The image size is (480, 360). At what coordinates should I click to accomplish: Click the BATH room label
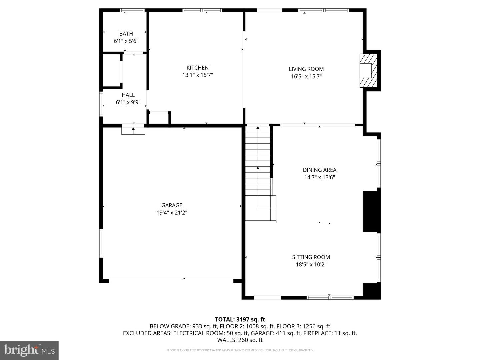[x=126, y=34]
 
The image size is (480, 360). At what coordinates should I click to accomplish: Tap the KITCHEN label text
[x=197, y=68]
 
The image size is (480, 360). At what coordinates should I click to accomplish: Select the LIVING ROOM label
[x=306, y=69]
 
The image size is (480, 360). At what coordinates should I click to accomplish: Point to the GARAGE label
[x=172, y=205]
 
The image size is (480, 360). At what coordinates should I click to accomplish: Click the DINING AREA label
[x=319, y=170]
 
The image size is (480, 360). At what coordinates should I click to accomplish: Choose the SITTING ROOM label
[x=311, y=257]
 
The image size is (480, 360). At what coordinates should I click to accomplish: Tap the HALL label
[x=128, y=95]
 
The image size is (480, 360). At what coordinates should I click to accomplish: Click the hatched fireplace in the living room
[x=368, y=71]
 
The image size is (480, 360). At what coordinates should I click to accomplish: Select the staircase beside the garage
[x=260, y=174]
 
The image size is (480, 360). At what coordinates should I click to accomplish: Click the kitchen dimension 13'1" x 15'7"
[x=197, y=75]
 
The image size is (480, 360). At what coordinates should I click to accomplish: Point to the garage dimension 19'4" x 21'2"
[x=172, y=213]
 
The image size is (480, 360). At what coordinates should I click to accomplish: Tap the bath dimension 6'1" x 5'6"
[x=126, y=41]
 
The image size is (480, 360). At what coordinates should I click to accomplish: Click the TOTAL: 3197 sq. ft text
[x=240, y=320]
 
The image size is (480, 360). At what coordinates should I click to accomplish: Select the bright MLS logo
[x=29, y=350]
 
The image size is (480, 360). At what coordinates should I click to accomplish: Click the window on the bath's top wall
[x=132, y=10]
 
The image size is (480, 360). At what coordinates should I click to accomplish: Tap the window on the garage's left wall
[x=101, y=243]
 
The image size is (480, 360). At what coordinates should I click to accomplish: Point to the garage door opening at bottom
[x=171, y=281]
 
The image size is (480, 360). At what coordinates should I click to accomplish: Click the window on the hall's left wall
[x=101, y=104]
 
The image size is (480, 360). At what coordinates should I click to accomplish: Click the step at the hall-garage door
[x=133, y=131]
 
